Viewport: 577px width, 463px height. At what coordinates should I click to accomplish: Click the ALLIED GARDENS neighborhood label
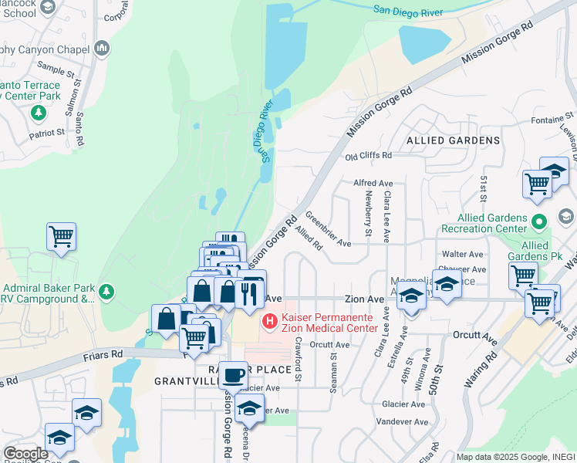454,140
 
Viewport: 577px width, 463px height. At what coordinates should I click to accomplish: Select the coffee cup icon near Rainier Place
234,376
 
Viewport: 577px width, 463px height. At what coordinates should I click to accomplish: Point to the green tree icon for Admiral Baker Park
107,291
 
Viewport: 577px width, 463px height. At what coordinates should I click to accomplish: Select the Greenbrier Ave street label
328,229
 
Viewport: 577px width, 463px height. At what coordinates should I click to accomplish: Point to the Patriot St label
47,133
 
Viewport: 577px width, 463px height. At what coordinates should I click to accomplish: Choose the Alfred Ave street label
368,183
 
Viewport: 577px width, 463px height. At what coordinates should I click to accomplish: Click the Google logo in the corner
25,453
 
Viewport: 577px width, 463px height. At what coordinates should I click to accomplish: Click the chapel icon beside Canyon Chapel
102,49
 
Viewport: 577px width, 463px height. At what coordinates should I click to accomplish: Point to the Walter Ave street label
462,254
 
